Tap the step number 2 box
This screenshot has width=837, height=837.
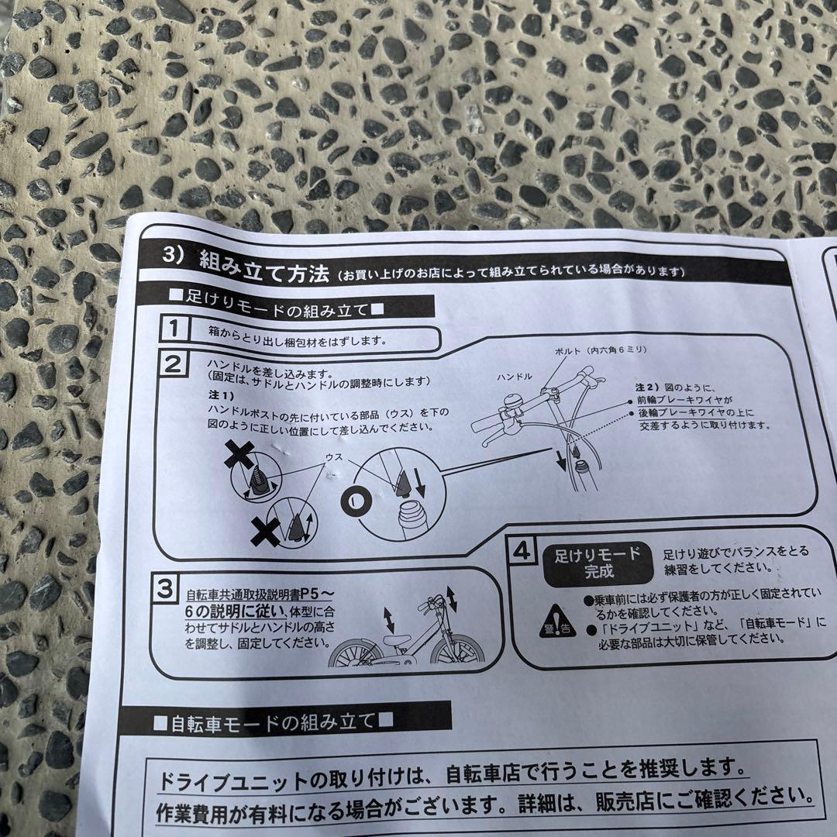pos(174,363)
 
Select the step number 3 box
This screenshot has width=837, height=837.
pos(164,590)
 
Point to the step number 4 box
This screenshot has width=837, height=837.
pos(522,551)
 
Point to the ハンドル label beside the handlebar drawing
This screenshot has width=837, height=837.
pos(515,377)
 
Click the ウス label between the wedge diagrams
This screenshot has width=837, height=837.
pos(334,458)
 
